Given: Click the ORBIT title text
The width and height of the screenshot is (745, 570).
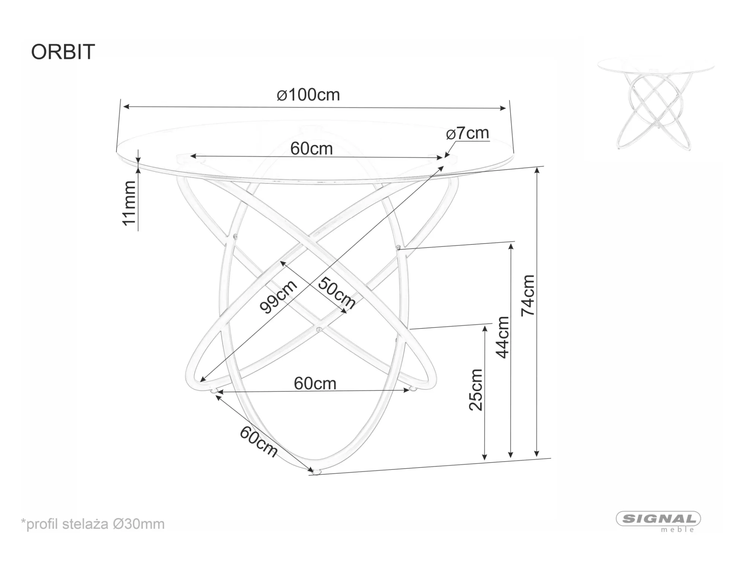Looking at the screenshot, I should pyautogui.click(x=63, y=52).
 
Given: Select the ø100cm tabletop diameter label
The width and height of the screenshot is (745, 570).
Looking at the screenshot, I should pyautogui.click(x=308, y=95).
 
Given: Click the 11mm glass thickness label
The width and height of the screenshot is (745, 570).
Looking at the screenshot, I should pyautogui.click(x=129, y=203).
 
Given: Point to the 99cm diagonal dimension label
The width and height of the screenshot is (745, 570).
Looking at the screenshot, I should pyautogui.click(x=278, y=297).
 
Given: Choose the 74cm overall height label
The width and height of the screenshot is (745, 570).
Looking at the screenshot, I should pyautogui.click(x=528, y=295).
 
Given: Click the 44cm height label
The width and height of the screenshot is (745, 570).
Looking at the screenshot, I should pyautogui.click(x=503, y=337).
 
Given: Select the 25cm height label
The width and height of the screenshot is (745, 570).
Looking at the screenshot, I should pyautogui.click(x=476, y=390).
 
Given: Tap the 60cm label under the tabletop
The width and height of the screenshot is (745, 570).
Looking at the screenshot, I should pyautogui.click(x=311, y=149).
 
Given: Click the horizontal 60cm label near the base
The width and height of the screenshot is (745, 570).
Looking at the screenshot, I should pyautogui.click(x=315, y=383).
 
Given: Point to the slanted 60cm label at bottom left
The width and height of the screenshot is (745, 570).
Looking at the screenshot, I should pyautogui.click(x=259, y=441).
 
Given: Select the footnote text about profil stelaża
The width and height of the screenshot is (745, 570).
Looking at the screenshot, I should pyautogui.click(x=93, y=524).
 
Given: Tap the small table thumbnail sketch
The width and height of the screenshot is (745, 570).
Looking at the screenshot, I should pyautogui.click(x=656, y=104).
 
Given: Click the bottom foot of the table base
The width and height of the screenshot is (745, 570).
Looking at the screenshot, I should pyautogui.click(x=316, y=472).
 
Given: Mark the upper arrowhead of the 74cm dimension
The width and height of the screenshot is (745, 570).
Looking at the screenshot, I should pyautogui.click(x=537, y=170).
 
